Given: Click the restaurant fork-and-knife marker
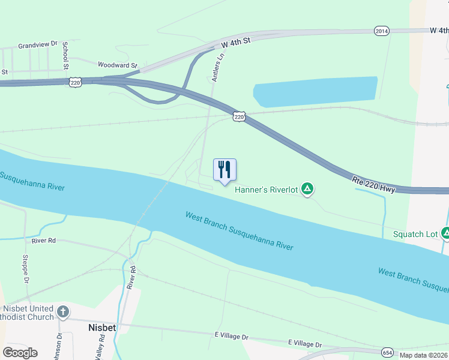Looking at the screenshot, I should (x=225, y=170).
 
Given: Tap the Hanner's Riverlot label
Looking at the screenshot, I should (x=266, y=190).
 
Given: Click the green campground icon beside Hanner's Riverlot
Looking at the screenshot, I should (x=307, y=190).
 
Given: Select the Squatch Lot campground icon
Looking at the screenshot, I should (x=446, y=233).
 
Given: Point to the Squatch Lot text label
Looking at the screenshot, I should (x=415, y=234).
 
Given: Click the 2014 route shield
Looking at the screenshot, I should (x=381, y=31).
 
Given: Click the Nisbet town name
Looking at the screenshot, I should (x=101, y=328).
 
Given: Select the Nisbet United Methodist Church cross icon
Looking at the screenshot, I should (x=63, y=311).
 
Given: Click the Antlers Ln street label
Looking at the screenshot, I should (x=218, y=67).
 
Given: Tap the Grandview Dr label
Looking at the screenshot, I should (x=37, y=44).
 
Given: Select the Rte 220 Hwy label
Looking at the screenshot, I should (x=373, y=184).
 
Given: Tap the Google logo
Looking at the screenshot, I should (x=20, y=353).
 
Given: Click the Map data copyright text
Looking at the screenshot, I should (x=423, y=355).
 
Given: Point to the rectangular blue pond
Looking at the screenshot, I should (x=315, y=92).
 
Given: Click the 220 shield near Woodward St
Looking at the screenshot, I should (x=75, y=82).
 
